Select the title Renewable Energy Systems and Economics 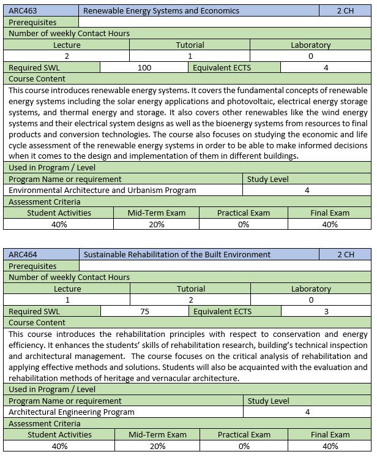pyautogui.click(x=161, y=11)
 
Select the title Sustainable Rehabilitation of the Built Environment pyautogui.click(x=177, y=254)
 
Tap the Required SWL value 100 pyautogui.click(x=144, y=68)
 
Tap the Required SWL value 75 pyautogui.click(x=144, y=311)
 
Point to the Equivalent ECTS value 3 pyautogui.click(x=326, y=311)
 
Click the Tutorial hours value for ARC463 pyautogui.click(x=190, y=56)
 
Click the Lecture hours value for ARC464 pyautogui.click(x=67, y=300)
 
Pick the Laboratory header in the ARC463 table pyautogui.click(x=311, y=45)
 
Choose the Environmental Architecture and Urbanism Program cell pyautogui.click(x=103, y=191)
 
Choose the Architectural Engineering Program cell pyautogui.click(x=72, y=412)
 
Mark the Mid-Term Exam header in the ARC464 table pyautogui.click(x=157, y=435)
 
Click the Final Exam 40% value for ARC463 pyautogui.click(x=330, y=224)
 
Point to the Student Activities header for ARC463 pyautogui.click(x=59, y=213)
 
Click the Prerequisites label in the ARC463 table pyautogui.click(x=32, y=23)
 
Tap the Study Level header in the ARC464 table pyautogui.click(x=268, y=401)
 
